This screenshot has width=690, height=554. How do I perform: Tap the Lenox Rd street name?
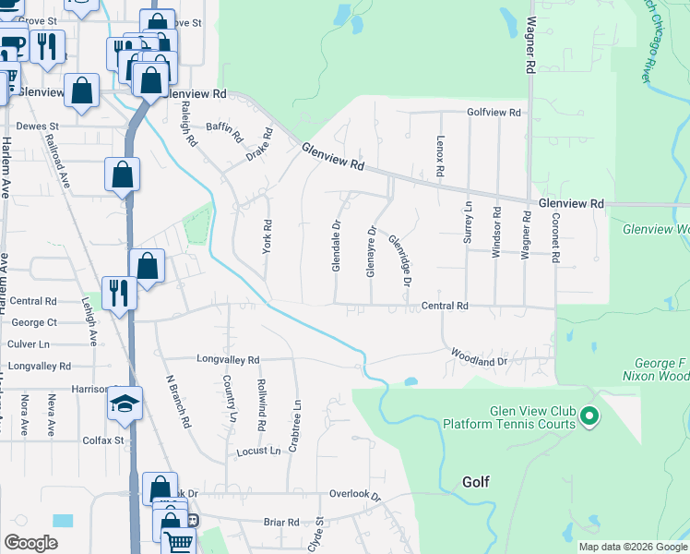coord(440,160)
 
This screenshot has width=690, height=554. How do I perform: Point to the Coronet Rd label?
coord(555,238)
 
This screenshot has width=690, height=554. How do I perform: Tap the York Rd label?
coord(267,236)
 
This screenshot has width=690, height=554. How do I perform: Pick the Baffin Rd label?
coord(224,135)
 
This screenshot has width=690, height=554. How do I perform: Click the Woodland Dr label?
coord(480,356)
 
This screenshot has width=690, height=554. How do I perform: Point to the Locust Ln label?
coord(258,451)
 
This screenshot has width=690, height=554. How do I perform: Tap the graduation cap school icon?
coord(124,403)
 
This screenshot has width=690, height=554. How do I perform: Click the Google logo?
coord(31,542)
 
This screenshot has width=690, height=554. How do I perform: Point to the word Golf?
coord(476,482)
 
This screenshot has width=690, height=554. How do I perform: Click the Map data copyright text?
coord(632,547)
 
